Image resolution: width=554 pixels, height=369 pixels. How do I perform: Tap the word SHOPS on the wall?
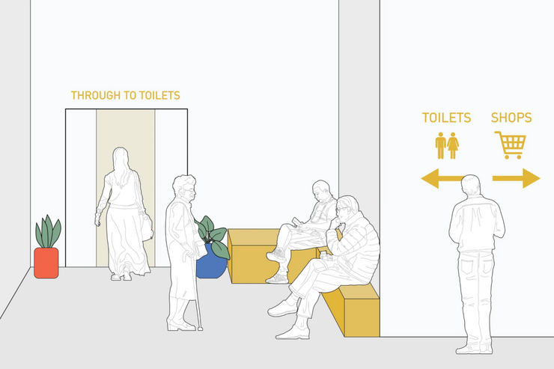click(511, 118)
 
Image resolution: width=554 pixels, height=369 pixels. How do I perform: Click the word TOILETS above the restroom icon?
click(447, 118)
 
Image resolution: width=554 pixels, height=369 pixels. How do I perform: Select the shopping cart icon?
click(511, 144)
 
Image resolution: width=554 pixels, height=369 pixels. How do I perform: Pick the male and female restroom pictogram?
click(447, 145)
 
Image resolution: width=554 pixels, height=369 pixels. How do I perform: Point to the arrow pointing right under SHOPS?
click(517, 178)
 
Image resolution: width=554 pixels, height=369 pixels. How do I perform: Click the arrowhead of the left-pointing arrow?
click(430, 178)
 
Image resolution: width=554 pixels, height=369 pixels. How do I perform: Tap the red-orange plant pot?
click(46, 263)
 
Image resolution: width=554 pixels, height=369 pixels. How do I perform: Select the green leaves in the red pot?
click(48, 232)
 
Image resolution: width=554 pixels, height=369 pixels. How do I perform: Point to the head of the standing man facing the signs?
click(471, 185)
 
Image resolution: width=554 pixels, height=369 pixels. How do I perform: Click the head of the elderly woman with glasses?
click(184, 188)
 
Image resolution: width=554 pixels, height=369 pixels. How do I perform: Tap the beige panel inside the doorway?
click(126, 188)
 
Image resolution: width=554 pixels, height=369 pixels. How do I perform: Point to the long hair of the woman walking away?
click(121, 168)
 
